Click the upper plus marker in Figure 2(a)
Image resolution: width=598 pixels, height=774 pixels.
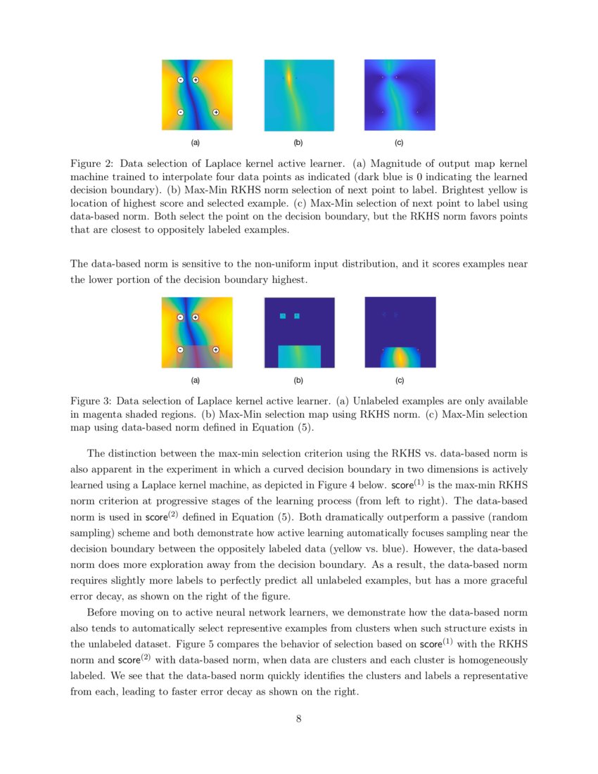click(x=196, y=80)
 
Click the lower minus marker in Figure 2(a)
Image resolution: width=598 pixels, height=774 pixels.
click(x=181, y=112)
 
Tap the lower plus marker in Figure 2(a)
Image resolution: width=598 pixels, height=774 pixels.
click(x=216, y=112)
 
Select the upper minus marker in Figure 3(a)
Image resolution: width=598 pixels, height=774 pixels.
click(x=181, y=317)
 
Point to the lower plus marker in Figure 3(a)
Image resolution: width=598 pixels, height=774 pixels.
click(x=216, y=350)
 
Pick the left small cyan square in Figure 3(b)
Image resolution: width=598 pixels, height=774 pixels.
click(x=283, y=316)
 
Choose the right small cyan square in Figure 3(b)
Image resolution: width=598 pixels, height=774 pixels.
click(x=297, y=316)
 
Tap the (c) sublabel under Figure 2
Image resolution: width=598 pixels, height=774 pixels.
click(x=399, y=143)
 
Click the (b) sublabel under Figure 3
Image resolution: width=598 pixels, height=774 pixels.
click(x=298, y=381)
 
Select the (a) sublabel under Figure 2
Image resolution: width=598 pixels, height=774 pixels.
click(x=196, y=143)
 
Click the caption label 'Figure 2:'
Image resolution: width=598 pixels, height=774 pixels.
click(x=93, y=163)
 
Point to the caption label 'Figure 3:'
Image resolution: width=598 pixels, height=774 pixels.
click(x=93, y=401)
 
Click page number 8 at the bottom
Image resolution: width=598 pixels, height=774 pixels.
click(x=299, y=718)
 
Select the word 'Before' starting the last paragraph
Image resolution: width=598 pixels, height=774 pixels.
click(x=104, y=613)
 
